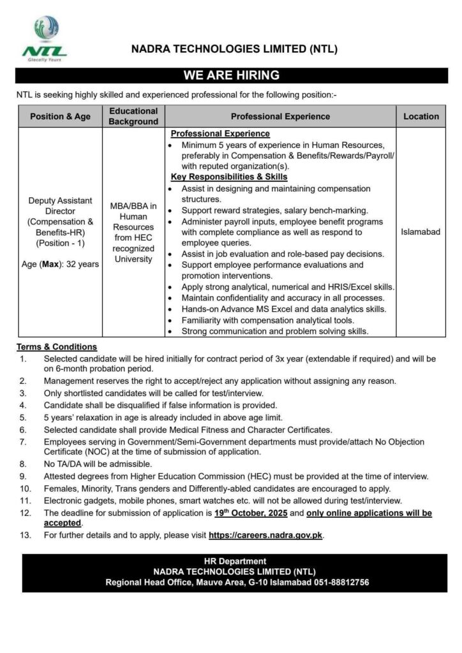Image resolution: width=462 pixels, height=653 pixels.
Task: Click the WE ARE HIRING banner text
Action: (x=231, y=75)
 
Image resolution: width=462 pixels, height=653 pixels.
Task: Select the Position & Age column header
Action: (x=61, y=117)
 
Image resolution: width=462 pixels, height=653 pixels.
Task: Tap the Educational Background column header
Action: (x=133, y=117)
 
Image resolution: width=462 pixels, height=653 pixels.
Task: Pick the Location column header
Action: (x=421, y=117)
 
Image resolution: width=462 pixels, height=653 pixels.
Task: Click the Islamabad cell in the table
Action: (x=421, y=232)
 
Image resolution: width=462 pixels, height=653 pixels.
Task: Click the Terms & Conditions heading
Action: (x=57, y=347)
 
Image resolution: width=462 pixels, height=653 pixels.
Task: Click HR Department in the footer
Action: (x=230, y=561)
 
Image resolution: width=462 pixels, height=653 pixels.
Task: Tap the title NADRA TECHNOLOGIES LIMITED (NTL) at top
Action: (x=234, y=49)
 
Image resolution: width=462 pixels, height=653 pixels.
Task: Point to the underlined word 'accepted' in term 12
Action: (x=63, y=523)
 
